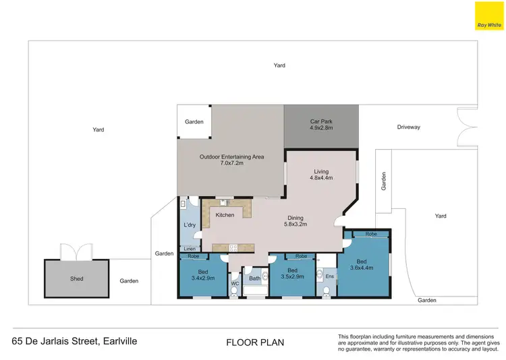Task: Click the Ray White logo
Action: tap(490, 16)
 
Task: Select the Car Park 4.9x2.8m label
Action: tap(321, 125)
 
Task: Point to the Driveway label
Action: tap(408, 127)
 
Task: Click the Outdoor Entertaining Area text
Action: tap(231, 160)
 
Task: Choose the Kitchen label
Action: tap(225, 215)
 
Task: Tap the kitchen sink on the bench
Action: tap(223, 202)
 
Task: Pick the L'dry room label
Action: tap(189, 224)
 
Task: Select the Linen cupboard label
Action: tap(189, 249)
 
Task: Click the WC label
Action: tap(235, 284)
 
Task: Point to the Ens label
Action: tap(329, 276)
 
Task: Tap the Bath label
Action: tap(254, 278)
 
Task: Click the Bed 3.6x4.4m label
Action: tap(361, 265)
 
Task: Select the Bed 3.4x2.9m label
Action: tap(202, 274)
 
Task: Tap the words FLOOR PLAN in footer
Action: tap(254, 342)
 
